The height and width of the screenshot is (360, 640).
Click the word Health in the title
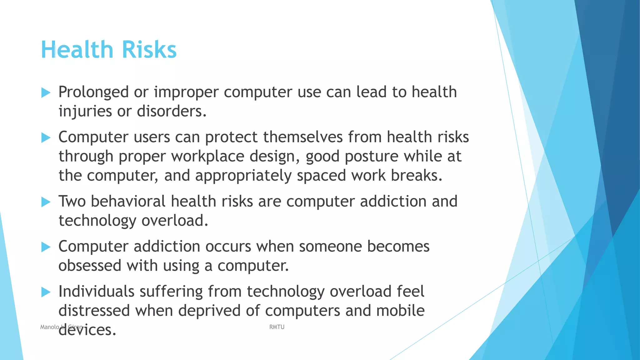77,50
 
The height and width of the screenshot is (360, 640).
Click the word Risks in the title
149,50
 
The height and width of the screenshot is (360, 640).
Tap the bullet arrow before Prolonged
46,92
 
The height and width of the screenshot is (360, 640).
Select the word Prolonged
93,92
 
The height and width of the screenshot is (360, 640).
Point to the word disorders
172,111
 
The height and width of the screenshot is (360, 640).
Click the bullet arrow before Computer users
46,137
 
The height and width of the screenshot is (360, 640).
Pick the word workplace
207,156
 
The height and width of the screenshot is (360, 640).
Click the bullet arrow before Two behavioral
46,202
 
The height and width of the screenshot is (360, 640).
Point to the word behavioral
128,201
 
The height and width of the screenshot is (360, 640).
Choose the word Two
72,201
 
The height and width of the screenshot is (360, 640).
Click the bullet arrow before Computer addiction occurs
46,247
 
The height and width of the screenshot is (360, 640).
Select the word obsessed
90,266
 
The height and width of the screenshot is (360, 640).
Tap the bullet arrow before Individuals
46,292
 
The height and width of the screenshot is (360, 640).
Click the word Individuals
96,292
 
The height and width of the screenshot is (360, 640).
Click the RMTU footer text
277,327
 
